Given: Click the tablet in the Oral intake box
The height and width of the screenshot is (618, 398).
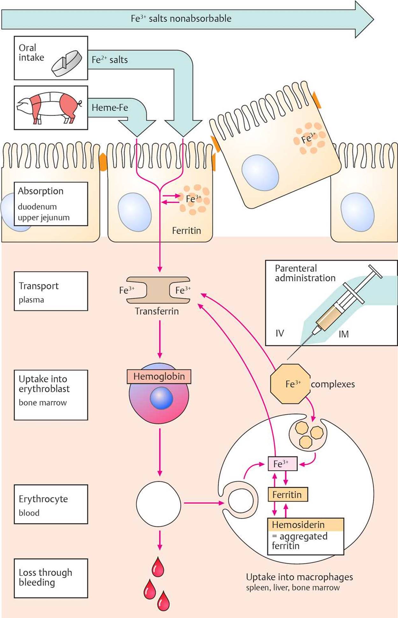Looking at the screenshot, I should point(67,63).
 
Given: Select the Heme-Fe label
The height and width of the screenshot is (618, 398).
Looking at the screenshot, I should point(110,108).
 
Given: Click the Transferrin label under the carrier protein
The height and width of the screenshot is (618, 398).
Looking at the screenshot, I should point(157,311).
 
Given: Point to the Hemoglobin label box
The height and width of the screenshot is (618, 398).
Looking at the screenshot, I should point(159,376).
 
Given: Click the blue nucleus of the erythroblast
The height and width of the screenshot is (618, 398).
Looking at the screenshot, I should point(161,398).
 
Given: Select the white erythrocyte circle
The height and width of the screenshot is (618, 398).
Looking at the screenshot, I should point(158,504).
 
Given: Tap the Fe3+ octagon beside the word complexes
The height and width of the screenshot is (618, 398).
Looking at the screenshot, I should point(290,384).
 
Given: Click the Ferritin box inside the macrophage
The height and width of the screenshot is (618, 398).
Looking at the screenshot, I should point(288,494).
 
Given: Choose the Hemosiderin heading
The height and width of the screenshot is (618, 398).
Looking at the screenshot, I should point(298,524).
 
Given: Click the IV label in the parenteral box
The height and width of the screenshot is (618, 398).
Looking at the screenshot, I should point(280,333).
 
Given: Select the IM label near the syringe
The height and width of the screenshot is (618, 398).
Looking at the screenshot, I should point(344,334).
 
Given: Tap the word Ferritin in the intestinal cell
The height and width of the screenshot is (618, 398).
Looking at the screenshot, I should point(186,231).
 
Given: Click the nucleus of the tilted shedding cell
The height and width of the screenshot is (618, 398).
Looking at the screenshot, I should point(260,173).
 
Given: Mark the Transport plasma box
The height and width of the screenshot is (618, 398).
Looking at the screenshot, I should point(51,291).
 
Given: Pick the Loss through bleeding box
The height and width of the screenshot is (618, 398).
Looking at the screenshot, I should point(51,578).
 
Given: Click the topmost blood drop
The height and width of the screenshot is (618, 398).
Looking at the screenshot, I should point(158,567).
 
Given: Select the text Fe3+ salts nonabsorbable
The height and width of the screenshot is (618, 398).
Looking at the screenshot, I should point(181,19).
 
